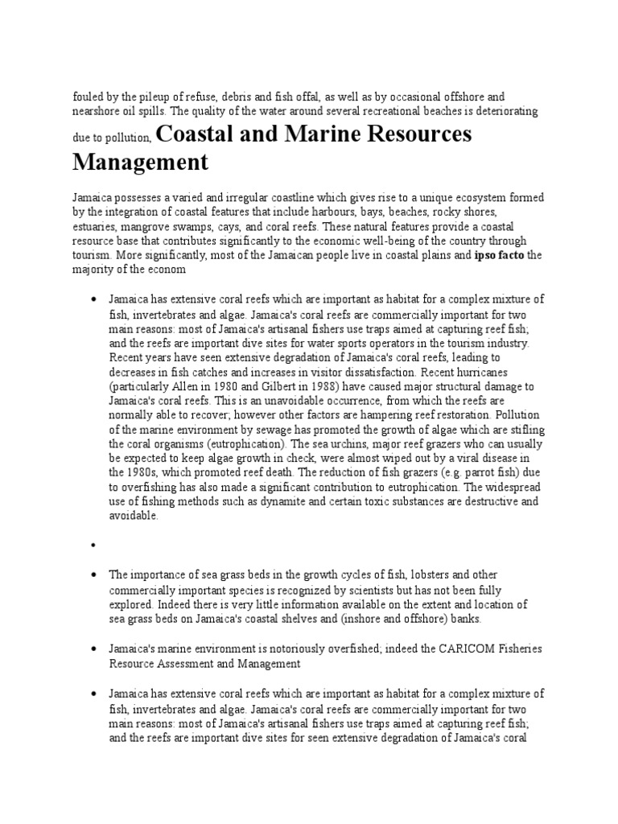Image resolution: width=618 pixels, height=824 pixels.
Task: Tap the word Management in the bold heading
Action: (x=140, y=163)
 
